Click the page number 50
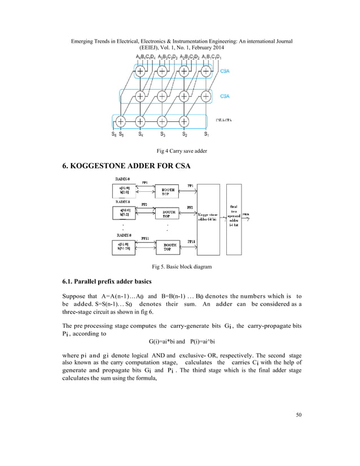[x=298, y=416]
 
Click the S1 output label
[x=207, y=134]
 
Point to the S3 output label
[x=163, y=134]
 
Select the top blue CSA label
[x=225, y=72]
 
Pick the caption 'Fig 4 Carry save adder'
[x=180, y=151]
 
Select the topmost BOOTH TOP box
[x=166, y=192]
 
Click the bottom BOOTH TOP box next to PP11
[x=166, y=246]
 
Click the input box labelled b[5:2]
[x=127, y=213]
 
